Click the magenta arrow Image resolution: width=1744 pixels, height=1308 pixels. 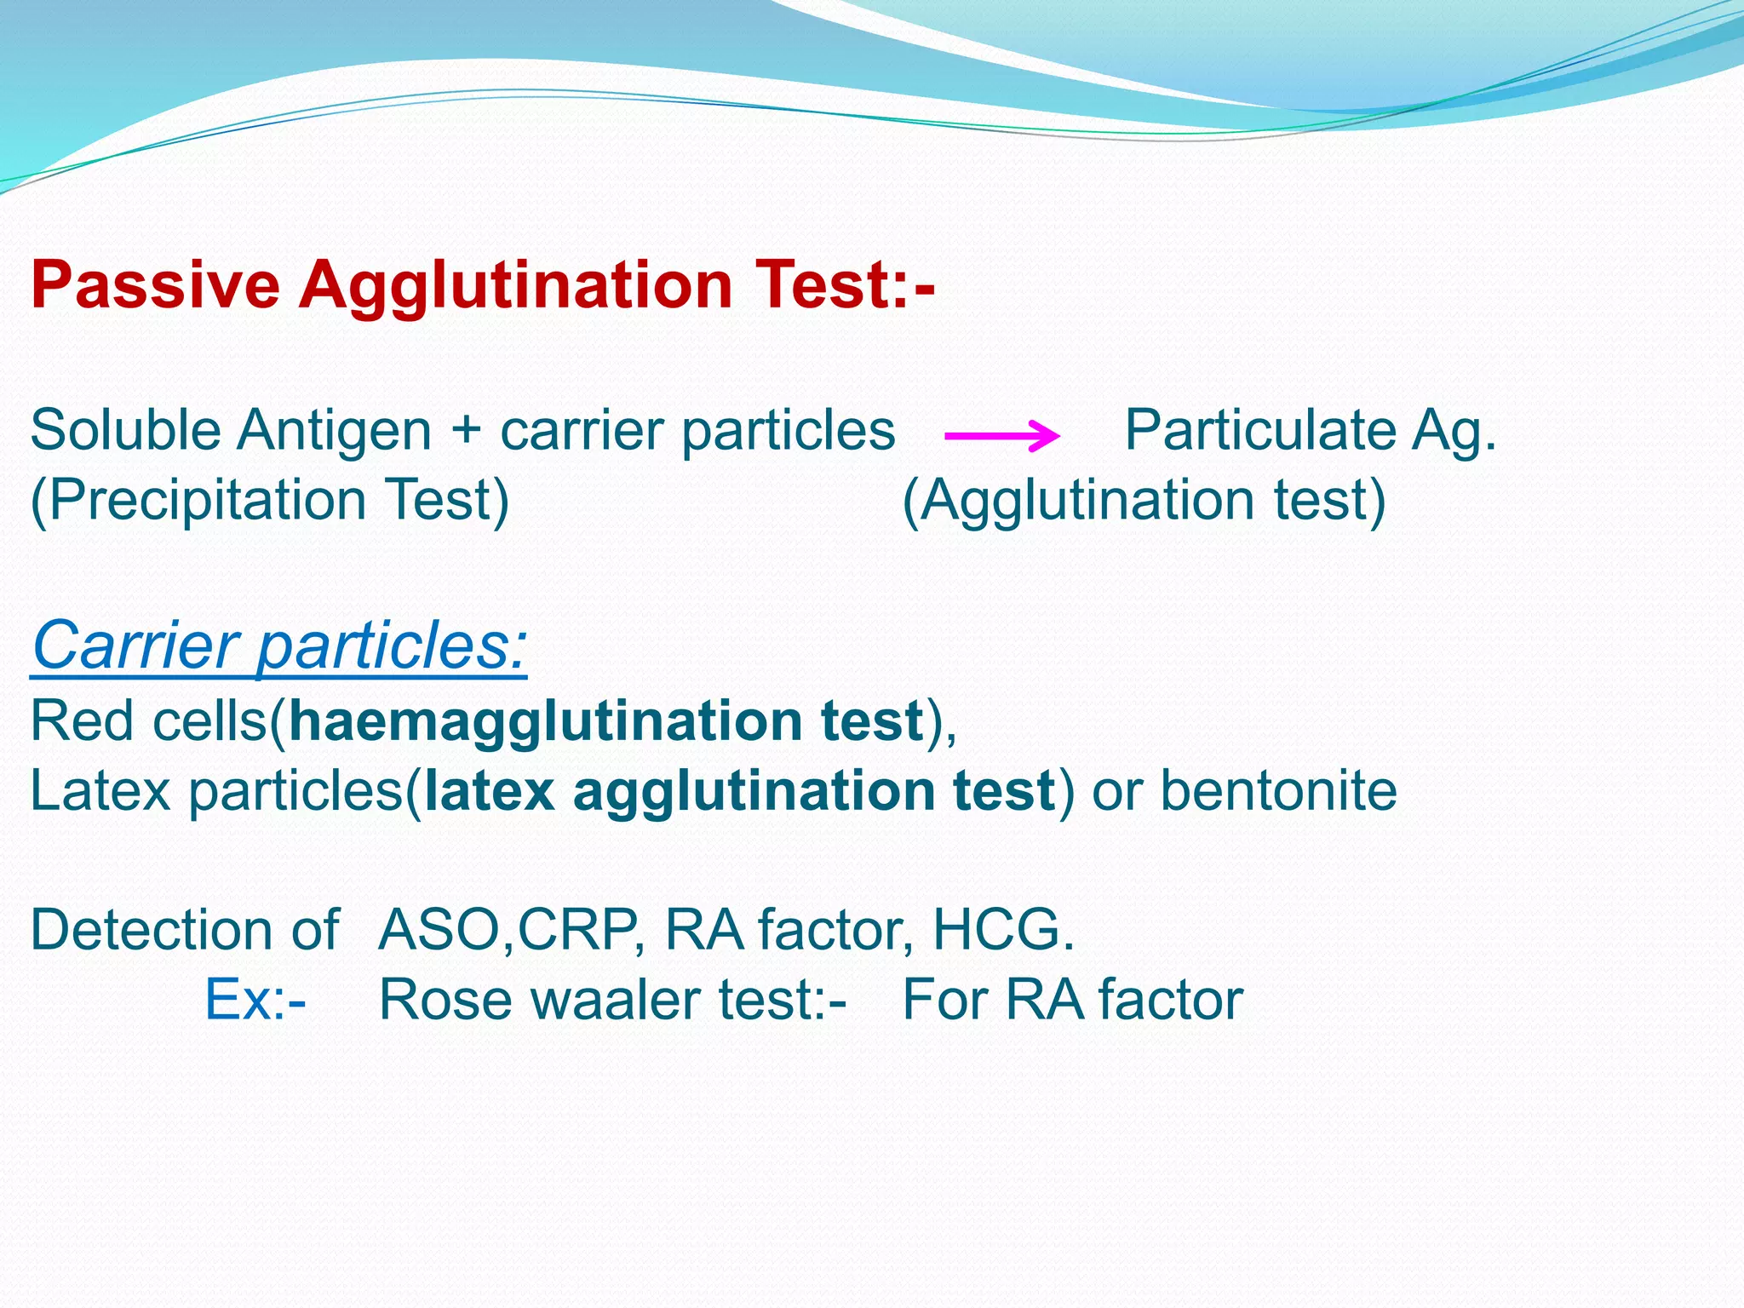[1002, 436]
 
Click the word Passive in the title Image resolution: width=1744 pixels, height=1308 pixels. [155, 285]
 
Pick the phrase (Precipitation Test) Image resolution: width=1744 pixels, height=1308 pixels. [270, 500]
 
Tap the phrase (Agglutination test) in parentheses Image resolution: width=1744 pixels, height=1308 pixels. [1144, 500]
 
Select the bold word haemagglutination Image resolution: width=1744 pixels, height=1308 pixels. [545, 722]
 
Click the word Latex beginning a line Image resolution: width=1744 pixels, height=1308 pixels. [100, 790]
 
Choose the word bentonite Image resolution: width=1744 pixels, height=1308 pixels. [1278, 790]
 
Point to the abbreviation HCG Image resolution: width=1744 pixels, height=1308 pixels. [1001, 930]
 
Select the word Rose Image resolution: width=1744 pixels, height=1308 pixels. [445, 1000]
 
